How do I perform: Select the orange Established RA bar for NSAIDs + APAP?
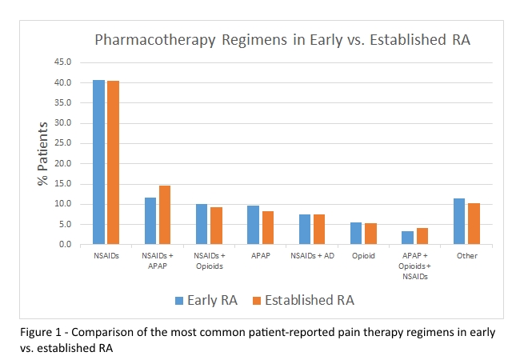click(x=164, y=215)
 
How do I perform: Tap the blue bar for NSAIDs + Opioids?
click(x=202, y=224)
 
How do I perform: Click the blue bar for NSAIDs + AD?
click(x=305, y=230)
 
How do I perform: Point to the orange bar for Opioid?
click(x=370, y=234)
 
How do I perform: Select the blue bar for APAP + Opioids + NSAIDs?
click(x=408, y=238)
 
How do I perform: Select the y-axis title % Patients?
click(x=45, y=154)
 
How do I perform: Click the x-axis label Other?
click(x=466, y=257)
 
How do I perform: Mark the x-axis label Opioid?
click(x=363, y=257)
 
